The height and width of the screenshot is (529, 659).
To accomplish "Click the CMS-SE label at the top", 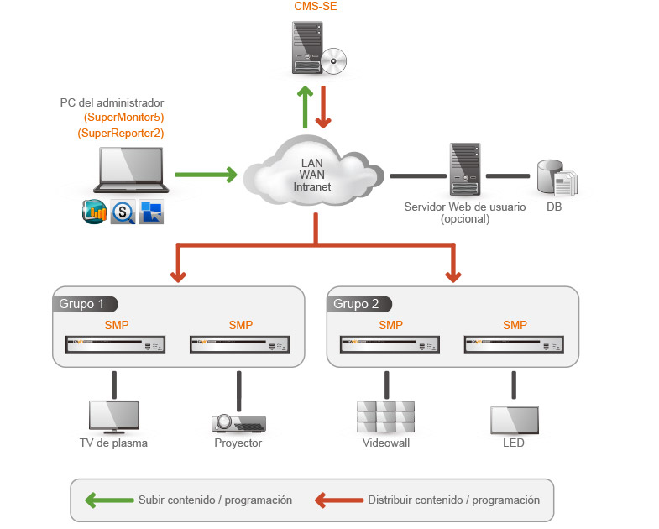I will [316, 7].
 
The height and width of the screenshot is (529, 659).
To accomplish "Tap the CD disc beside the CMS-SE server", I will [333, 60].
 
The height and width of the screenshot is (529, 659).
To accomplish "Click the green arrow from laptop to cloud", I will [206, 175].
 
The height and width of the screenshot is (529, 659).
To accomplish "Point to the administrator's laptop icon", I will [131, 171].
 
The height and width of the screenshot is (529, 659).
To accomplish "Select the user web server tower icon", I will [464, 169].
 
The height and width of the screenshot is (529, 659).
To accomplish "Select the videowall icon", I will [385, 416].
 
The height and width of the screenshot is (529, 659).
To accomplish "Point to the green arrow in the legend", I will [109, 500].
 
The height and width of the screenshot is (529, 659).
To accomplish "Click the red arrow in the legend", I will [338, 500].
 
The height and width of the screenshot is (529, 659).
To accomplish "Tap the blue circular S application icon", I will [123, 212].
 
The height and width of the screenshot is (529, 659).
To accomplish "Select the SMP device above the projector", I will [239, 344].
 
